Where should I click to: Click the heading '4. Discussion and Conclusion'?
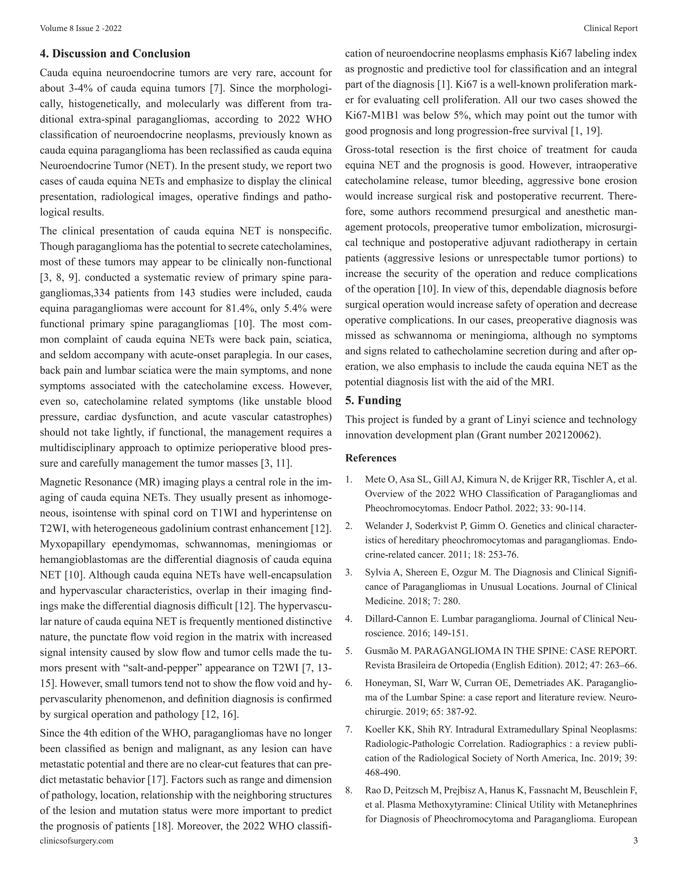tap(115, 54)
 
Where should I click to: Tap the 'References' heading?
tap(371, 458)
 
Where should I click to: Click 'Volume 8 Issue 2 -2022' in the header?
tap(81, 28)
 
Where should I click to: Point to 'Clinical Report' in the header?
tap(611, 28)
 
